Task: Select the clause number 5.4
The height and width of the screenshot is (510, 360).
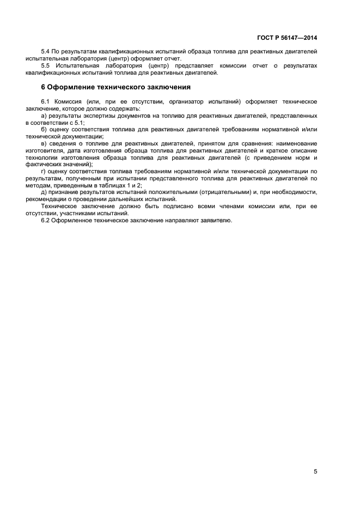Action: [x=46, y=51]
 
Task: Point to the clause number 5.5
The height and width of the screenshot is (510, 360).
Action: [x=46, y=65]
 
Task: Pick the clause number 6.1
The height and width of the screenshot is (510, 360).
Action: [x=46, y=102]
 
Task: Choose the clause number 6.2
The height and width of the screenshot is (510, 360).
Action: [x=46, y=221]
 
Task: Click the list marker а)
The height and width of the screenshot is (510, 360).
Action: [x=45, y=116]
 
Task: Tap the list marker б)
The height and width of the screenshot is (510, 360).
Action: [x=45, y=129]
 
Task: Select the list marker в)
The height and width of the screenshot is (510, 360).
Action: [x=45, y=143]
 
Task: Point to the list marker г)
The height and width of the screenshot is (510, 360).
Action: [x=44, y=171]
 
